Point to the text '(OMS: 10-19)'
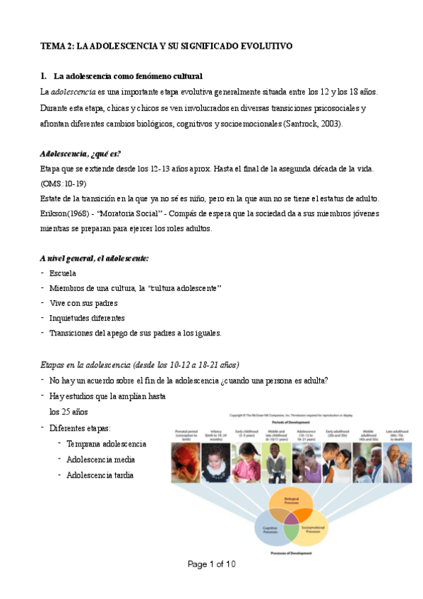(64, 183)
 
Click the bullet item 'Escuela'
(64, 273)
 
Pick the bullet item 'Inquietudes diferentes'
(87, 318)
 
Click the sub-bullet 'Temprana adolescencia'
(107, 444)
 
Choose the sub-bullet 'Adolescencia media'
(100, 460)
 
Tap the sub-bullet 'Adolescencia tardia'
(100, 475)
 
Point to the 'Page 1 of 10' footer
(211, 564)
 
